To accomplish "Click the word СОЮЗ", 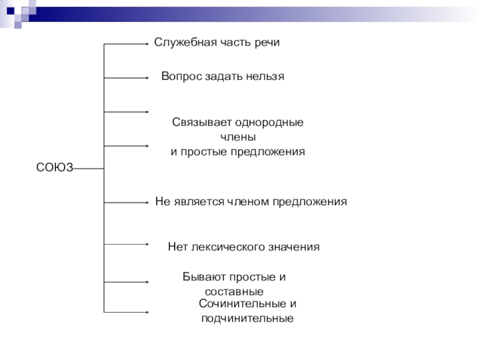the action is tap(55, 169).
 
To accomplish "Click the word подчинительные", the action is tap(247, 319).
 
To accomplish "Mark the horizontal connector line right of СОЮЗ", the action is tap(89, 169).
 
